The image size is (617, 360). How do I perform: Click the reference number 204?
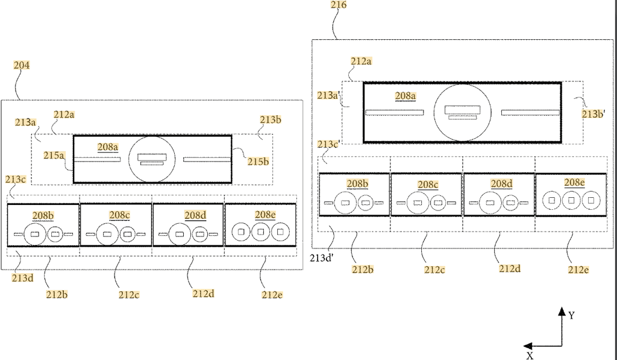pyautogui.click(x=22, y=65)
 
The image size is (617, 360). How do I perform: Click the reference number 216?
pyautogui.click(x=339, y=5)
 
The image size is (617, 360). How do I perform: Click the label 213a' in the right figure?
pyautogui.click(x=328, y=95)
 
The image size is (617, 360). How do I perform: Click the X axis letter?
pyautogui.click(x=530, y=355)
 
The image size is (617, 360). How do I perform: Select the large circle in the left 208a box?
pyautogui.click(x=151, y=159)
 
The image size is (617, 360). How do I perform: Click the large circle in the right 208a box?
pyautogui.click(x=462, y=113)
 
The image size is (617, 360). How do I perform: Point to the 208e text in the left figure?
pyautogui.click(x=265, y=215)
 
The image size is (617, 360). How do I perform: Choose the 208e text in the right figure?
pyautogui.click(x=574, y=183)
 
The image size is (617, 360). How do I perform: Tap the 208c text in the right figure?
pyautogui.click(x=428, y=184)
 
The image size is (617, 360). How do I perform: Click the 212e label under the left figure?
pyautogui.click(x=272, y=295)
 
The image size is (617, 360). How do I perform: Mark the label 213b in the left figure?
pyautogui.click(x=271, y=119)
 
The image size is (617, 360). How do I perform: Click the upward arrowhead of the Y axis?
pyautogui.click(x=562, y=312)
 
